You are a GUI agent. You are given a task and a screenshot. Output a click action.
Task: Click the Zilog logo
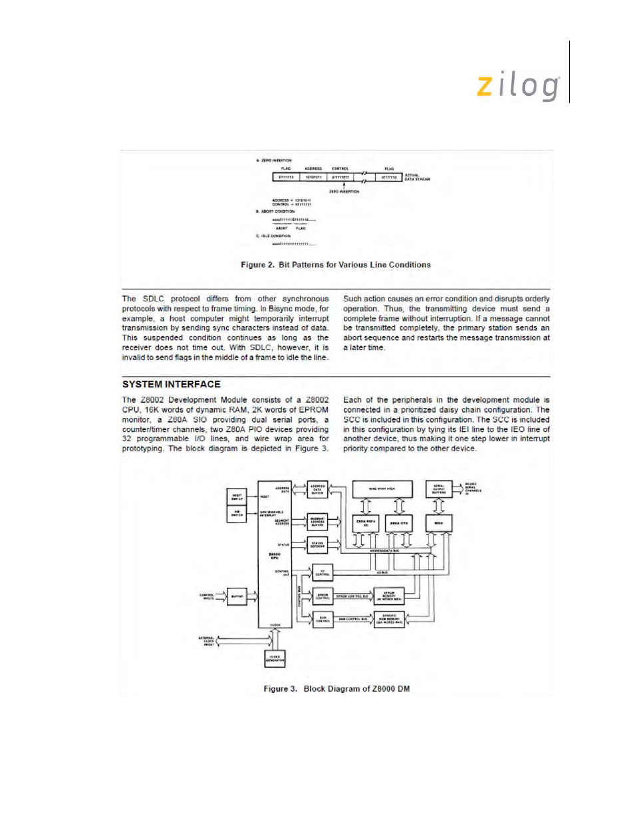(x=519, y=87)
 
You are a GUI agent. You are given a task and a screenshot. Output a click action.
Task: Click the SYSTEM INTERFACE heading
(x=171, y=384)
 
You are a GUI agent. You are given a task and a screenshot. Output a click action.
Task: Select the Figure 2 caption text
(x=335, y=265)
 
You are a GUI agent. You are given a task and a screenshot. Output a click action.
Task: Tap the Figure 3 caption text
(x=336, y=689)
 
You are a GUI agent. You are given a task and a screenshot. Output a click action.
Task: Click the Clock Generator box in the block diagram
(x=275, y=658)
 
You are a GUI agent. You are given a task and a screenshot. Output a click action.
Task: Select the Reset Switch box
(x=237, y=497)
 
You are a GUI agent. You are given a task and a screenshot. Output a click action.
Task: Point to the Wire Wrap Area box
(x=381, y=489)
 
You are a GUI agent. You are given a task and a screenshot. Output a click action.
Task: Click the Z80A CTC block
(x=399, y=523)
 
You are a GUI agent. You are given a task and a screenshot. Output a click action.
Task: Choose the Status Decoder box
(x=317, y=544)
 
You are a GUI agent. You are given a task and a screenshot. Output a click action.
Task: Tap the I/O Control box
(x=322, y=572)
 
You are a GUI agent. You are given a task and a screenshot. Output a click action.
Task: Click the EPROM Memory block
(x=389, y=596)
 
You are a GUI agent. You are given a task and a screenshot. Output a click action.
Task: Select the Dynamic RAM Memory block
(x=389, y=620)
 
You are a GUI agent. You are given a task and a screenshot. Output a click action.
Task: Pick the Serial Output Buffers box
(x=439, y=489)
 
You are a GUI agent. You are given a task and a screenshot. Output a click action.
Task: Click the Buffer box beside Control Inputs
(x=237, y=596)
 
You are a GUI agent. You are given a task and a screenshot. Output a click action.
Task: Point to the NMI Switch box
(x=237, y=514)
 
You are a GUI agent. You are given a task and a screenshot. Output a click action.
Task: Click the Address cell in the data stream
(x=313, y=177)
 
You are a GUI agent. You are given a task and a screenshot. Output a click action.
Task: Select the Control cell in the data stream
(x=341, y=177)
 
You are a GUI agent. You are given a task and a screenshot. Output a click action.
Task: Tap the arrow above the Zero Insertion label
(x=343, y=186)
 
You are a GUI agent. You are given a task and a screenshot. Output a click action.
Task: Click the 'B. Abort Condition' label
(x=276, y=212)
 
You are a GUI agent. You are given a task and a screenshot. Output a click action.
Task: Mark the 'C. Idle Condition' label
(x=274, y=236)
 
